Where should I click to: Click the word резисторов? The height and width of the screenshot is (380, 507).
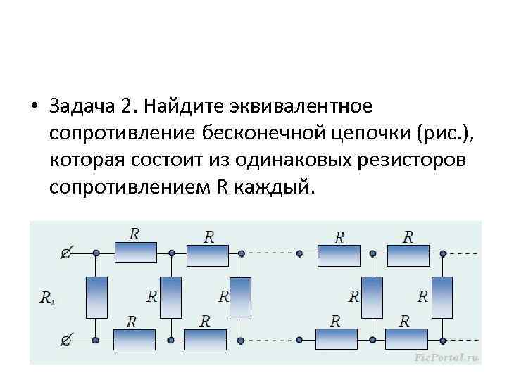(x=408, y=160)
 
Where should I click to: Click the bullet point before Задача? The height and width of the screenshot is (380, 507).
(x=34, y=106)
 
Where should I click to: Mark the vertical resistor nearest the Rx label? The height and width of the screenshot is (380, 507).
(x=96, y=296)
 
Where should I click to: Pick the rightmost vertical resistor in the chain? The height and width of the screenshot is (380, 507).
(x=443, y=297)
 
